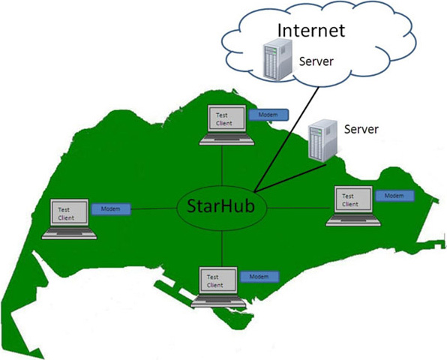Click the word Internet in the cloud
click(x=311, y=30)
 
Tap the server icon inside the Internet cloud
click(x=277, y=59)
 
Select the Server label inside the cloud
click(x=316, y=61)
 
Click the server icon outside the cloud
click(x=323, y=140)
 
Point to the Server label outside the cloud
click(x=361, y=129)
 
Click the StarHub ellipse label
click(x=221, y=205)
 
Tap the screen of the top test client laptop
click(x=227, y=118)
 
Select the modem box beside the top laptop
click(x=268, y=115)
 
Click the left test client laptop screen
click(x=69, y=213)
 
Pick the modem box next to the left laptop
click(x=111, y=209)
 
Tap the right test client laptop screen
click(x=353, y=199)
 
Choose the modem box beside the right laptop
click(x=394, y=196)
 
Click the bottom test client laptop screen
click(x=218, y=280)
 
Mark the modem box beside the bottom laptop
click(x=259, y=277)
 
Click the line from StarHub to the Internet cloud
click(x=286, y=139)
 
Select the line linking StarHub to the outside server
click(x=290, y=177)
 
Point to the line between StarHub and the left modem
click(x=154, y=209)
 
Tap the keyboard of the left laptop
click(x=69, y=232)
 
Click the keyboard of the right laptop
click(x=353, y=220)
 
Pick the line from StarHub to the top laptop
click(x=222, y=166)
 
